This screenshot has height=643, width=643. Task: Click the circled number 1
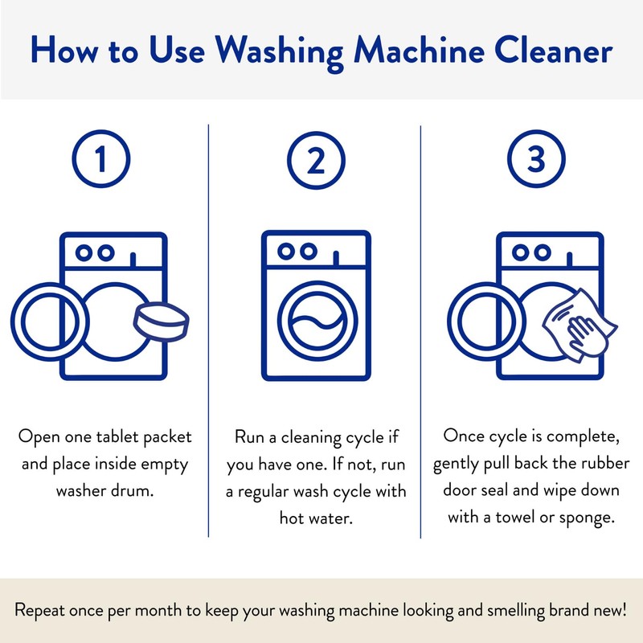[x=100, y=162]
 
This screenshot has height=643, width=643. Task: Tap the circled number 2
[x=316, y=162]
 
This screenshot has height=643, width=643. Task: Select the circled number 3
[x=535, y=162]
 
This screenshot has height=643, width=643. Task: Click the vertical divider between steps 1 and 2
[x=208, y=330]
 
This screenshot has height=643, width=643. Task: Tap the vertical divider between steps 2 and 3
[x=420, y=330]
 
